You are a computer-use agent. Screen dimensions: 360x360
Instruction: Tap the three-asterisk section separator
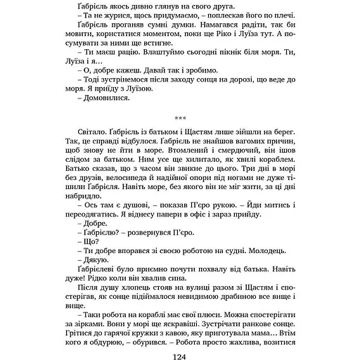[x=179, y=118]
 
